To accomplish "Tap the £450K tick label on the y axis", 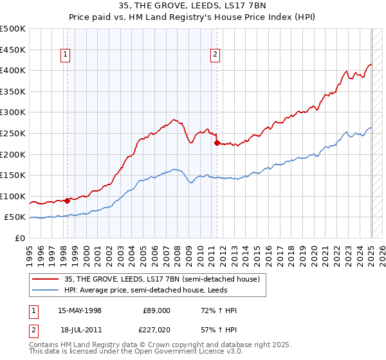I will (13, 50).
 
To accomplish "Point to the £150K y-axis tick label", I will (13, 175).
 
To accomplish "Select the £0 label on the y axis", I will (20, 238).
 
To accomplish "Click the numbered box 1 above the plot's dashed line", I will (66, 55).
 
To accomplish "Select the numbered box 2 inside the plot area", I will (214, 55).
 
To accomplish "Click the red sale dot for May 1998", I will (67, 201).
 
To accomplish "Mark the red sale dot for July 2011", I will (217, 143).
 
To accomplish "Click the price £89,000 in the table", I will (156, 310).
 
